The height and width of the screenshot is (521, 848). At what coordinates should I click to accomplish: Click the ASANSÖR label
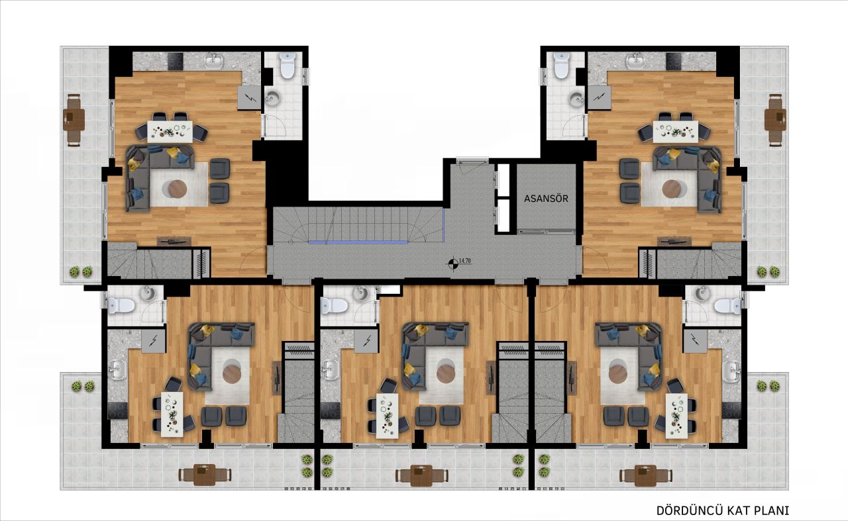click(x=546, y=198)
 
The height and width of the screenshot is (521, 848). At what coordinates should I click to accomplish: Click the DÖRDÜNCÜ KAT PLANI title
click(x=722, y=510)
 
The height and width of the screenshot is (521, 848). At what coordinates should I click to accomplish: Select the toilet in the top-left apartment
click(x=287, y=66)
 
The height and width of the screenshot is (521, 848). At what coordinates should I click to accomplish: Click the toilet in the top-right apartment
click(x=561, y=66)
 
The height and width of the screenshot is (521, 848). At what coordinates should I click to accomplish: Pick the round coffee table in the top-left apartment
click(x=178, y=189)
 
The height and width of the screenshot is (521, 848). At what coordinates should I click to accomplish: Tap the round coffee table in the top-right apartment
click(x=672, y=189)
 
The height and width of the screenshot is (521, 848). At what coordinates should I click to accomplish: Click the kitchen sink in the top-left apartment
click(x=213, y=62)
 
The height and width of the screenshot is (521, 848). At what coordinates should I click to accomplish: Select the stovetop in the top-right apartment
click(x=674, y=62)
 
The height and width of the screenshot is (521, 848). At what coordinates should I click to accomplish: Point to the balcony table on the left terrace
click(x=74, y=119)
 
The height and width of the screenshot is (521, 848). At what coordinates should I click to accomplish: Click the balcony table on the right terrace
click(x=774, y=119)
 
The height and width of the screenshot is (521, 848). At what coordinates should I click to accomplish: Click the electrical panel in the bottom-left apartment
click(x=153, y=342)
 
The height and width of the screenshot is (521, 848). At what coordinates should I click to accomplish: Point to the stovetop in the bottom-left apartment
click(x=119, y=410)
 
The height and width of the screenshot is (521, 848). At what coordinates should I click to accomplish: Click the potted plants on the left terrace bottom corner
click(x=79, y=271)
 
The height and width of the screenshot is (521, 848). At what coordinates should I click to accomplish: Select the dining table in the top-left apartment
click(x=172, y=130)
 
